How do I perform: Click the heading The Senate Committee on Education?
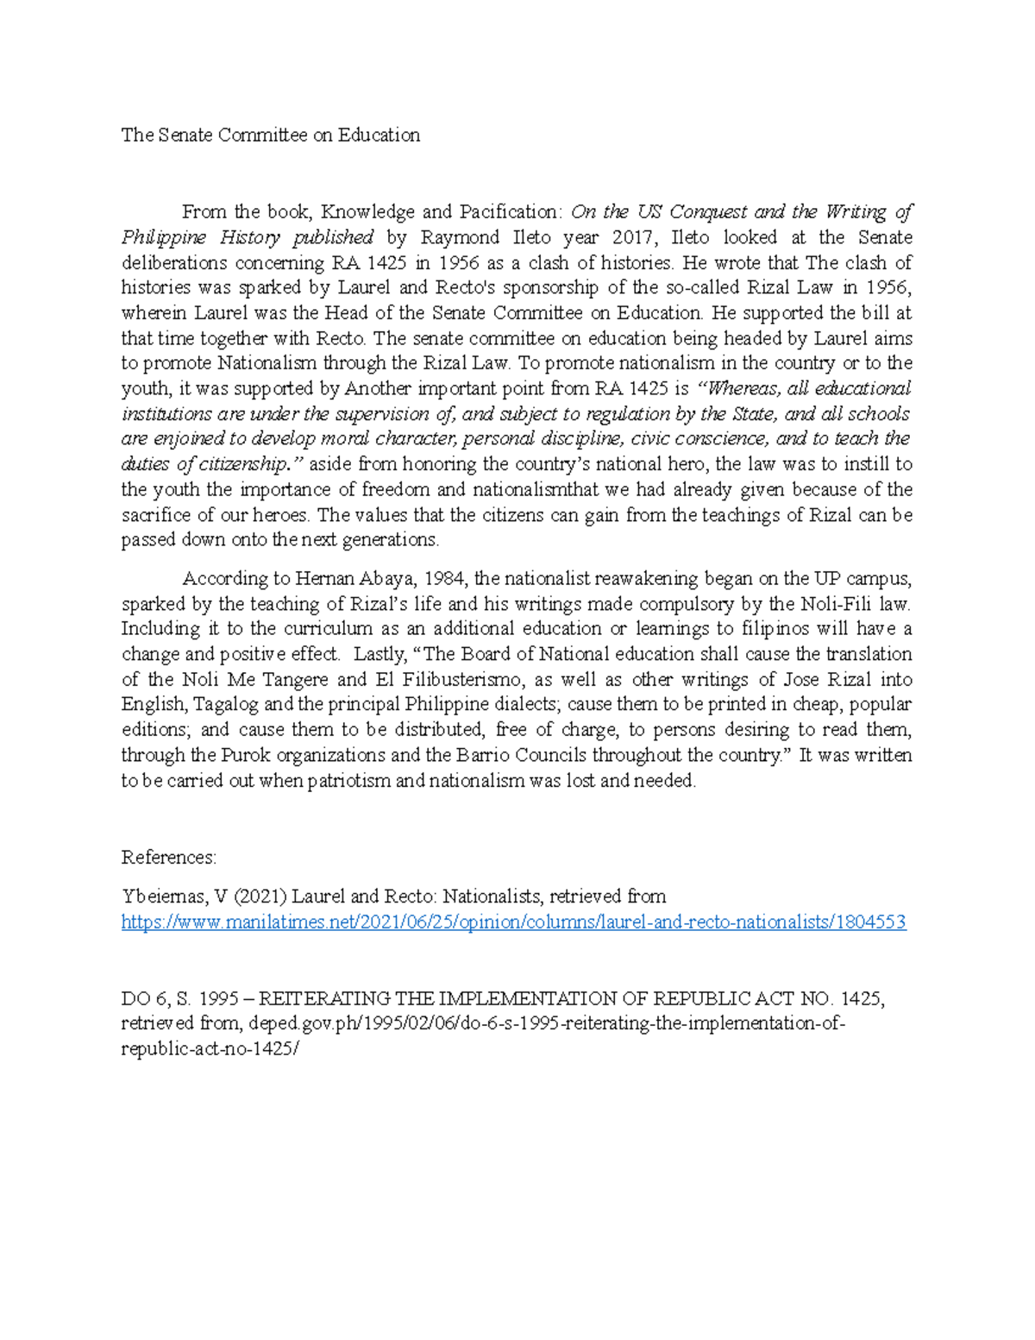[270, 135]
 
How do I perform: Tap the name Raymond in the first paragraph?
[459, 237]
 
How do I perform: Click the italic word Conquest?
[707, 211]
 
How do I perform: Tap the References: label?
[169, 858]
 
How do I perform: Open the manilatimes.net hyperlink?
[513, 922]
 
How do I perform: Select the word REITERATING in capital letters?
[324, 999]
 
